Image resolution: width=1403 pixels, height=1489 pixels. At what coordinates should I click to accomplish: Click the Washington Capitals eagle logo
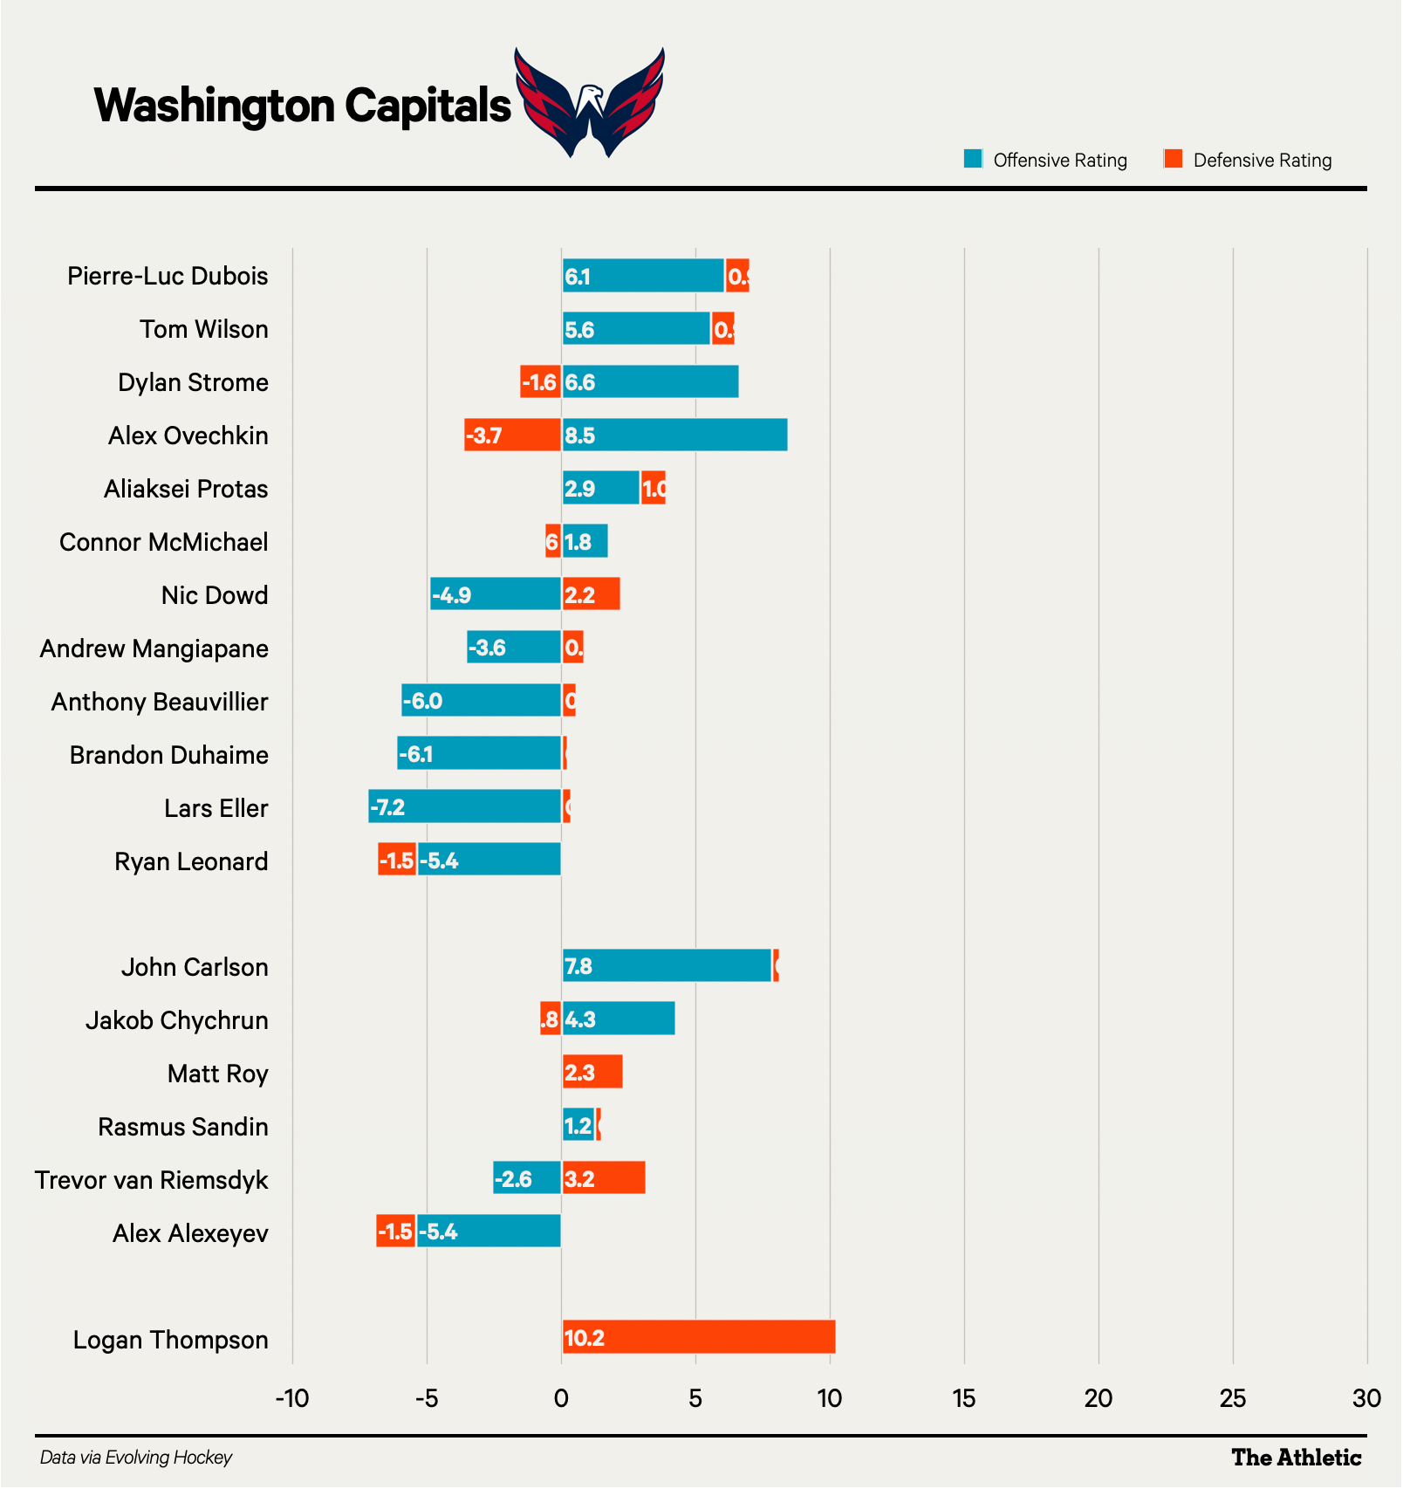coord(590,103)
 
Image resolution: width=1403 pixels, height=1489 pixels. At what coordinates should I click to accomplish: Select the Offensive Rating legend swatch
coord(973,159)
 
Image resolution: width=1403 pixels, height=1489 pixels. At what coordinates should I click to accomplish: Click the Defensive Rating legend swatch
coord(1173,159)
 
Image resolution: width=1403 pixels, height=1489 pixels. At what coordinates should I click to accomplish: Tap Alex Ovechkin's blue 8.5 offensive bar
coord(674,435)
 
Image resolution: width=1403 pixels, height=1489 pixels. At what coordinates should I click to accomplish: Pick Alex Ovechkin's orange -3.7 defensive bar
coord(512,435)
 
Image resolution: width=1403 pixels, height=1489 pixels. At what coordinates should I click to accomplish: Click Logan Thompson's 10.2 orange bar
coord(698,1337)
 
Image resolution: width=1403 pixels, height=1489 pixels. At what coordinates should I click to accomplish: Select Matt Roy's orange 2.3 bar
coord(592,1072)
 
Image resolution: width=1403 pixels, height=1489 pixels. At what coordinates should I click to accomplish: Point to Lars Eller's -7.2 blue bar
coord(464,806)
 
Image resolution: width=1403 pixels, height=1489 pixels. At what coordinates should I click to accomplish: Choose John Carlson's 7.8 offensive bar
coord(667,965)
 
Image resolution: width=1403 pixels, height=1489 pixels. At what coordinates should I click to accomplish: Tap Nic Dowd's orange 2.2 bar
coord(591,594)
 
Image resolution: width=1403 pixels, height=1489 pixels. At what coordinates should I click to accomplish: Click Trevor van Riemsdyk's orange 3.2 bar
coord(604,1178)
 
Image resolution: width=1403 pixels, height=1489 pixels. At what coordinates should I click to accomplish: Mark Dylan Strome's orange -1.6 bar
coord(540,381)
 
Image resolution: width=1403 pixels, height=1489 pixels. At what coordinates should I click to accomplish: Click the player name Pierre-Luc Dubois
coord(168,276)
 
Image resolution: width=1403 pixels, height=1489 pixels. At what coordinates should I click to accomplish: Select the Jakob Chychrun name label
coord(176,1020)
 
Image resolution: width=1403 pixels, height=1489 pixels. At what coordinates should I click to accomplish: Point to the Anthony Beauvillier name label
coord(160,702)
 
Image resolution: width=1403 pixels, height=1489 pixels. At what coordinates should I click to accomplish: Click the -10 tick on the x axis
coord(292,1399)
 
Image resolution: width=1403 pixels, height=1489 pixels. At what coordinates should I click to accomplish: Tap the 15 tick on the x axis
coord(963,1399)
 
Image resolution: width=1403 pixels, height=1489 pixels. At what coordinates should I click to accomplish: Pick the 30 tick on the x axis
coord(1365,1399)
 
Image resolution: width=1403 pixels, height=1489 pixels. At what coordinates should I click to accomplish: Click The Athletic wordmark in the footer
coord(1296,1458)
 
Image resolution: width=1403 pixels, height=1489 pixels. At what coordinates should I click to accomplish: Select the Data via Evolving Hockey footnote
coord(136,1458)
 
